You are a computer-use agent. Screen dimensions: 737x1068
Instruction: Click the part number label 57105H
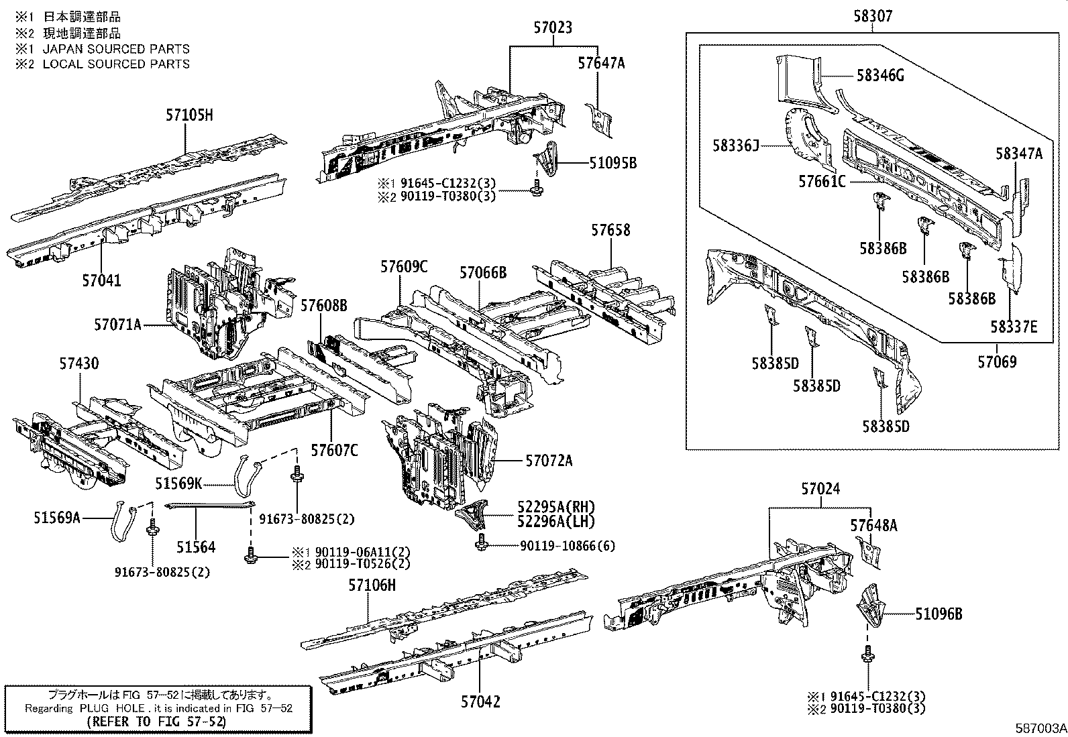point(189,115)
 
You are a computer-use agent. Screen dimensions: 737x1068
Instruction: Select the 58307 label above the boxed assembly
point(873,15)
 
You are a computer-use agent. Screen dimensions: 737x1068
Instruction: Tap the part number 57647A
point(601,63)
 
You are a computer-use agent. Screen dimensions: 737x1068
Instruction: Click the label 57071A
point(117,325)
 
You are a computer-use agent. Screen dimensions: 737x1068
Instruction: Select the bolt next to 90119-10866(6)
point(480,545)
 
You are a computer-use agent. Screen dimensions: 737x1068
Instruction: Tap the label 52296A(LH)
point(556,520)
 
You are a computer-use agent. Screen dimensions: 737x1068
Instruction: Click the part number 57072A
point(549,461)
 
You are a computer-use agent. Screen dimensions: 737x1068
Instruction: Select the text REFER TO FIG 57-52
point(156,722)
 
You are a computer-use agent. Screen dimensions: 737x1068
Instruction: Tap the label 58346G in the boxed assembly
point(879,76)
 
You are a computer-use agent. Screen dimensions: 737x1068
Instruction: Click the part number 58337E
point(1014,327)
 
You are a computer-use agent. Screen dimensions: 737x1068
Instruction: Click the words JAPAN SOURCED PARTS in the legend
point(116,49)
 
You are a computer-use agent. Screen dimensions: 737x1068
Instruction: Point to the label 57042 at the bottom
point(480,701)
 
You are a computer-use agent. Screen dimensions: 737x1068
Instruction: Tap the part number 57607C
point(333,450)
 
